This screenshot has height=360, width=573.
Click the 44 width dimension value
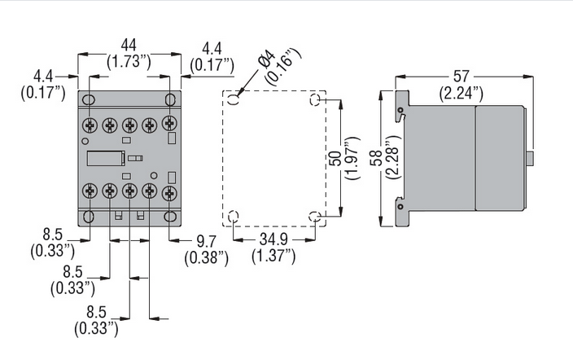[x=129, y=46]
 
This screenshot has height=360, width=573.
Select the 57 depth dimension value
[x=461, y=76]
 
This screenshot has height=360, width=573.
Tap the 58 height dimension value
[x=377, y=158]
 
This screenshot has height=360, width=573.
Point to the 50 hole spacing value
[x=336, y=158]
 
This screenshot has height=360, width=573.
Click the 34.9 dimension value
[x=273, y=239]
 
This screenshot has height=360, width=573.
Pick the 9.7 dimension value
[x=207, y=242]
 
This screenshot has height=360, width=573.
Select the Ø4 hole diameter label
[x=268, y=59]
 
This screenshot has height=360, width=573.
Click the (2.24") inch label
[x=461, y=94]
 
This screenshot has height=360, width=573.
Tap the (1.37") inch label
[x=273, y=256]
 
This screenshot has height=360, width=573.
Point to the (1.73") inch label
[x=129, y=61]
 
